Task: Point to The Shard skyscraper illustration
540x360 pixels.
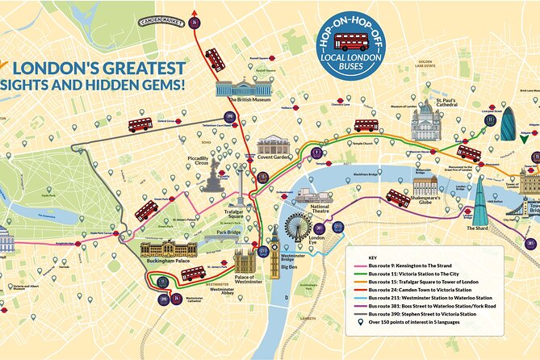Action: pos(481,201)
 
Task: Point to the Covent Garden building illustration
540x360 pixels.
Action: pos(273,147)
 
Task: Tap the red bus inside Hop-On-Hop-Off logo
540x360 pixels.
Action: pos(351,42)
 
